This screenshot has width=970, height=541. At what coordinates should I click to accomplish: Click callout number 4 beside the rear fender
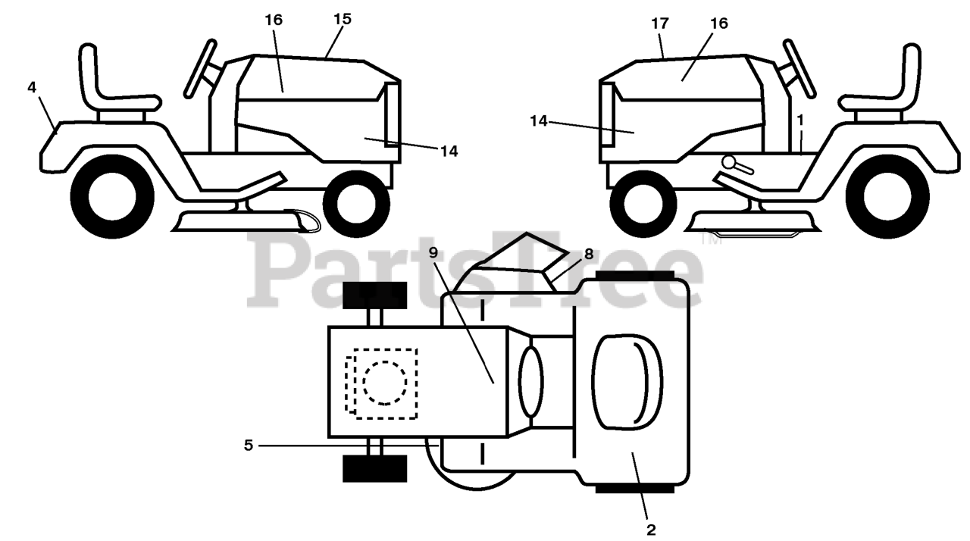tap(31, 88)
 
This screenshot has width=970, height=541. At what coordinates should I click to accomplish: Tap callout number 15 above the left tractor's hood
tap(342, 20)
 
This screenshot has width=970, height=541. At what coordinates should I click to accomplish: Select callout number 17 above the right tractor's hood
tap(659, 23)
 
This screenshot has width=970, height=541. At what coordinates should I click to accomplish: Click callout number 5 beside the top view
tap(248, 446)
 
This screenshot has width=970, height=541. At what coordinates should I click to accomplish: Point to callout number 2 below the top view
tap(650, 529)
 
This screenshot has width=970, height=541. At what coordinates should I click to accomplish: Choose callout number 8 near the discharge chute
tap(589, 256)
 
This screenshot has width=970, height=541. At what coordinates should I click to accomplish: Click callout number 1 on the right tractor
tap(800, 120)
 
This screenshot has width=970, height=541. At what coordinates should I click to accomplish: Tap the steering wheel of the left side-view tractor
tap(199, 68)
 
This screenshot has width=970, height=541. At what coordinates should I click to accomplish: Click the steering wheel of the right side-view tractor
tap(799, 68)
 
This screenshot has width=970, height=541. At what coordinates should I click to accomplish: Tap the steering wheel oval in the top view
tap(530, 382)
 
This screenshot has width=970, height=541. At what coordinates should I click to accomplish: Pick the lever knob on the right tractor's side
tap(729, 161)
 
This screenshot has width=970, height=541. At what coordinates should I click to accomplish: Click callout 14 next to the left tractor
tap(449, 152)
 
